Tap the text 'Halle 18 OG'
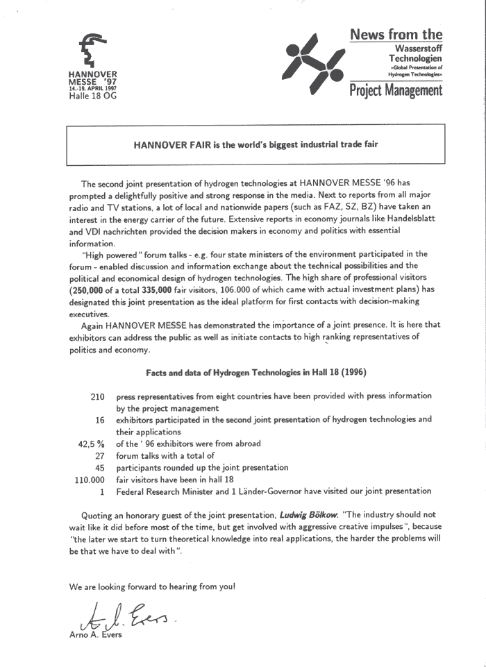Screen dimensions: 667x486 tap(93, 96)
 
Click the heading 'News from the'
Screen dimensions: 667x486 tap(396, 34)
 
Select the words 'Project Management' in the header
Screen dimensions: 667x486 tap(396, 91)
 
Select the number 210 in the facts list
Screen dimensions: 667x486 tap(97, 396)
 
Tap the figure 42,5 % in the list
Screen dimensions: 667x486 tap(91, 444)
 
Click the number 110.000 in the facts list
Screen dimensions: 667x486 tap(90, 479)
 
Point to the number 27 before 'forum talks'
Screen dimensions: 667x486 tap(99, 455)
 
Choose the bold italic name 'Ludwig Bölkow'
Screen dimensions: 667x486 tap(309, 515)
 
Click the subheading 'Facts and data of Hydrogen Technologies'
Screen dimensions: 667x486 tap(256, 373)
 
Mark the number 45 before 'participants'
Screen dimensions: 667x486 tap(99, 467)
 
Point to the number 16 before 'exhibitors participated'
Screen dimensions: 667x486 tap(100, 420)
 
